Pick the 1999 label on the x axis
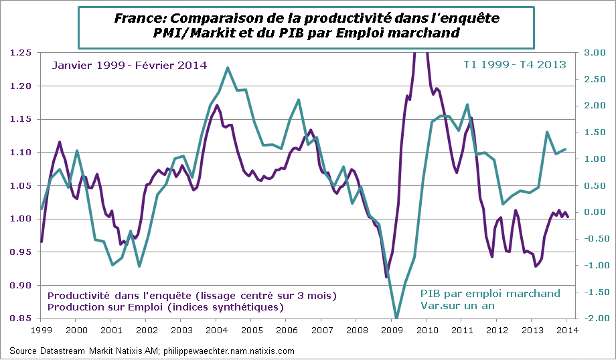[x=41, y=330]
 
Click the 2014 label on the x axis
[x=566, y=330]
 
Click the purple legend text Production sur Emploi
[x=165, y=307]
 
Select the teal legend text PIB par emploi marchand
[x=490, y=294]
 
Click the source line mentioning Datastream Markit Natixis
[x=152, y=351]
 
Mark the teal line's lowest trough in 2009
[x=396, y=318]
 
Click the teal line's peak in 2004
[x=228, y=68]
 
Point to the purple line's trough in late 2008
[x=386, y=277]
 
